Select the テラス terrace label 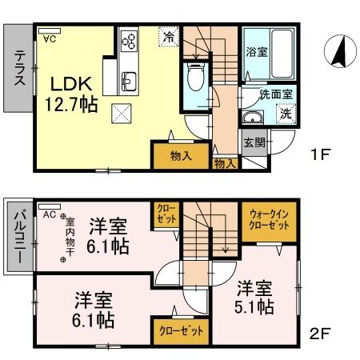click(x=18, y=68)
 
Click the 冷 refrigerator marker click(x=169, y=36)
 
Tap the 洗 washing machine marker click(x=285, y=114)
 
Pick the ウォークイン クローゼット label click(x=270, y=221)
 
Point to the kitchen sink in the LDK click(x=129, y=80)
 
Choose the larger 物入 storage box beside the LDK click(x=182, y=155)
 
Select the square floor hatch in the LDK click(x=122, y=114)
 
